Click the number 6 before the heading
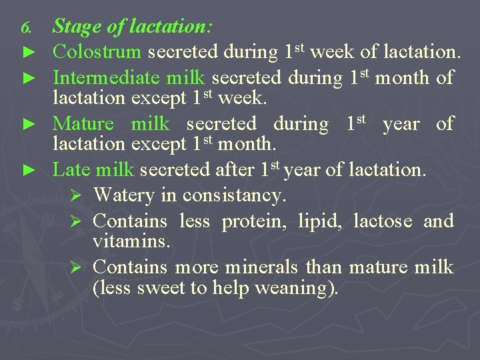(26, 28)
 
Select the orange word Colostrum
(97, 51)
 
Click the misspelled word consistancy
(234, 195)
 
